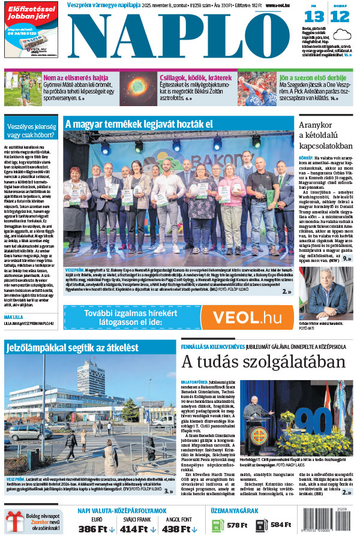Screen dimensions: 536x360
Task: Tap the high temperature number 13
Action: pyautogui.click(x=316, y=17)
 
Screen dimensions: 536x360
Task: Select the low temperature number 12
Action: pyautogui.click(x=340, y=17)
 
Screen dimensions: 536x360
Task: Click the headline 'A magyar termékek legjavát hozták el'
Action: pyautogui.click(x=139, y=124)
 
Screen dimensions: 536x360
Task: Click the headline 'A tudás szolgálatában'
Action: pyautogui.click(x=263, y=363)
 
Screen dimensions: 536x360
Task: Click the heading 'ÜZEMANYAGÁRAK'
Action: pyautogui.click(x=235, y=511)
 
